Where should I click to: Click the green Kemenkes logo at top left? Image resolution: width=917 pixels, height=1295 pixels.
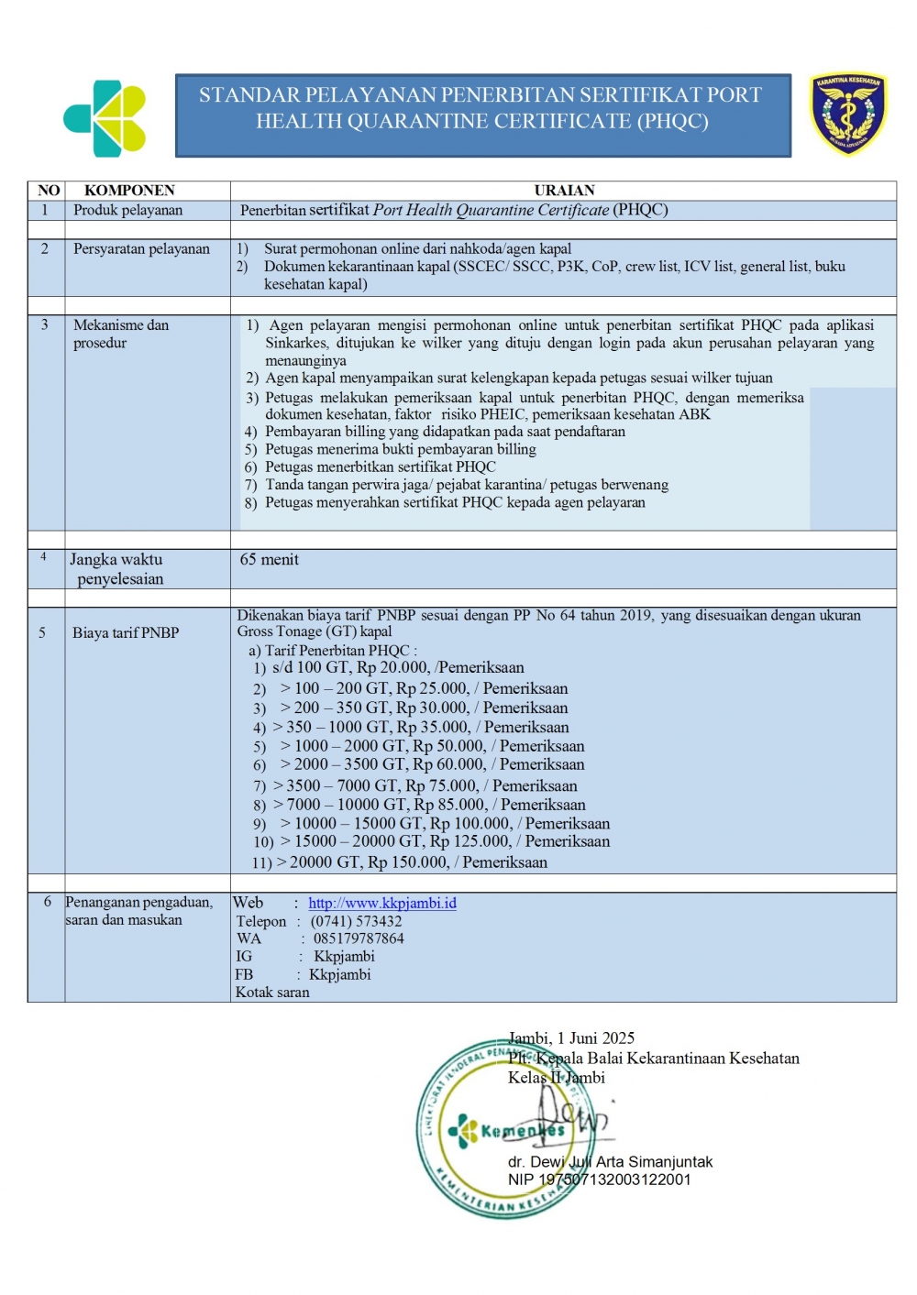point(105,118)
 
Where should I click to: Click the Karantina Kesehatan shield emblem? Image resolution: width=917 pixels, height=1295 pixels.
point(848,114)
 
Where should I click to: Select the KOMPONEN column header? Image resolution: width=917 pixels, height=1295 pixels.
point(129,191)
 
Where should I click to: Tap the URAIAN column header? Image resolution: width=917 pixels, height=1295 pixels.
point(564,191)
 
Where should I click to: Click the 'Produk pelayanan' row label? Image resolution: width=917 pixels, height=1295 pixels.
point(127,210)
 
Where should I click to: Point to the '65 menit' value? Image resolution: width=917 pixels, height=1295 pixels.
point(269,559)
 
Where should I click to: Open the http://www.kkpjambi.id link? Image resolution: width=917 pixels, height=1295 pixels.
point(381,903)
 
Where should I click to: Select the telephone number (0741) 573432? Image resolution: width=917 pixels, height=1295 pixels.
point(356,921)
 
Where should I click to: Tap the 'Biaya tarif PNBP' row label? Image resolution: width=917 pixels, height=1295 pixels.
point(126,632)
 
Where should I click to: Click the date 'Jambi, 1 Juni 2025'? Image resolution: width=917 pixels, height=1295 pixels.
point(571,1038)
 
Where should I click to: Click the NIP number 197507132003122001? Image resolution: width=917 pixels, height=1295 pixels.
point(614,1180)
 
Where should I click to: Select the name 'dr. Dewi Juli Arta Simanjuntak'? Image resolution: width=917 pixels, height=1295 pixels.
point(610,1162)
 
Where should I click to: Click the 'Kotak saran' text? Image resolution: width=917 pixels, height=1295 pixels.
point(272,992)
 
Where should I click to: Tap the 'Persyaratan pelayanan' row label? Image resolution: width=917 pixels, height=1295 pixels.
point(141,249)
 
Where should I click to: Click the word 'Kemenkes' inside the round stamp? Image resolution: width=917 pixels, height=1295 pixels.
point(523,1131)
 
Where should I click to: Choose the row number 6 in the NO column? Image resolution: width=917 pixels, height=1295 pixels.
point(47,902)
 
